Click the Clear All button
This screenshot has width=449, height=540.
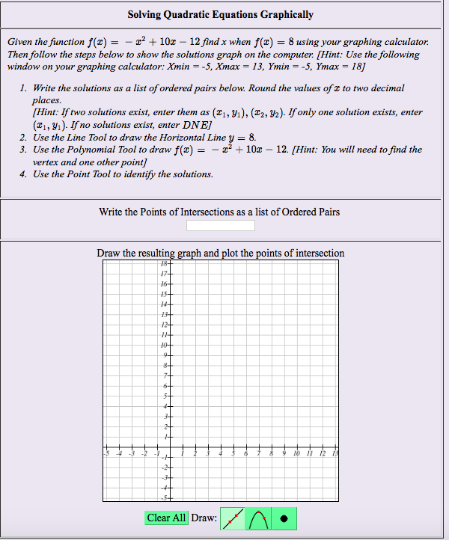(x=166, y=518)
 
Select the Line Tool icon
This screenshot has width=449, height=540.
(x=233, y=518)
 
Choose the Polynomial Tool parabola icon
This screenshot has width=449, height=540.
(x=258, y=518)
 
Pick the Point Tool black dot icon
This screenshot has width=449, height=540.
(x=284, y=518)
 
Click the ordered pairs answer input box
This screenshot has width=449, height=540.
(x=220, y=225)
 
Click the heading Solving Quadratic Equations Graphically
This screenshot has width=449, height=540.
(x=220, y=14)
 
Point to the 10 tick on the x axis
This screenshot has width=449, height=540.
(x=297, y=453)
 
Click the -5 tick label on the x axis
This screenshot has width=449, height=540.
(x=106, y=453)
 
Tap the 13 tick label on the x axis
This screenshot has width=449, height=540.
(x=335, y=453)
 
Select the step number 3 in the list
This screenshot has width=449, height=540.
(x=24, y=150)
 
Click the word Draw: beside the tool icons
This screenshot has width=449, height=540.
(x=204, y=518)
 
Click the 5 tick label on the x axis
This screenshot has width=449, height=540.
(x=233, y=453)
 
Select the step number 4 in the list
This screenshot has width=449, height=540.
(x=24, y=174)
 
